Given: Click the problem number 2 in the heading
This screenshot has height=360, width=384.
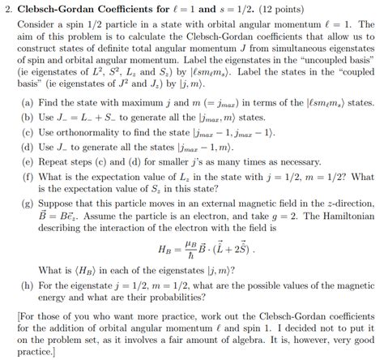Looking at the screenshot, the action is click(x=6, y=8).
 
